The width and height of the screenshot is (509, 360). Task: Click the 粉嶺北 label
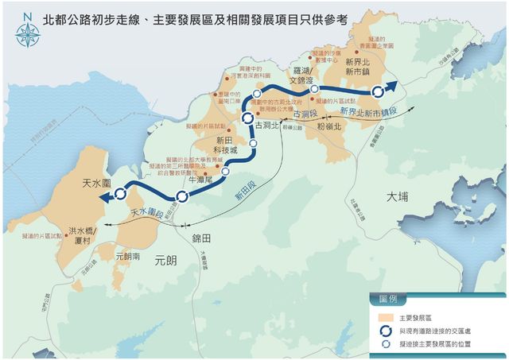coord(328,126)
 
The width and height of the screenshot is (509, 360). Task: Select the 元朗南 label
coord(127,257)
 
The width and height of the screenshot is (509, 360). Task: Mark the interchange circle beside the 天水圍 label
coord(121,193)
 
